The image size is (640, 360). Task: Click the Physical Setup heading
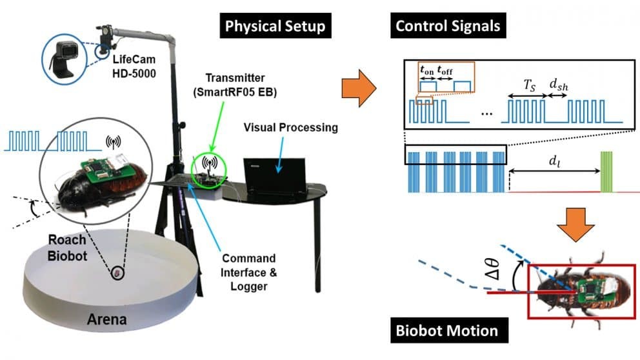pos(274,26)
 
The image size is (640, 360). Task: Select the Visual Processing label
pos(290,127)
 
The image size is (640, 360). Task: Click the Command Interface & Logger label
pos(248,272)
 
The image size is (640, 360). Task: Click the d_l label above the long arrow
pos(554,161)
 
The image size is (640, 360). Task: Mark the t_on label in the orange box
pos(426,71)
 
